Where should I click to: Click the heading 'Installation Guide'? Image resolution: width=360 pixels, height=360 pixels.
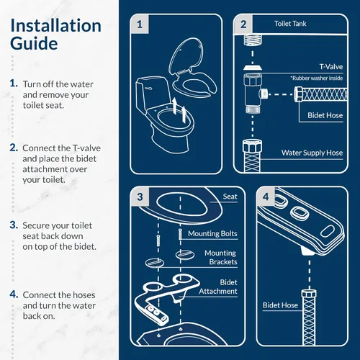point(55,35)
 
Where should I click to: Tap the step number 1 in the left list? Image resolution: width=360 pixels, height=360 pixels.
point(14,84)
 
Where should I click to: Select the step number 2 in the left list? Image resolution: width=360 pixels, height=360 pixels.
point(14,147)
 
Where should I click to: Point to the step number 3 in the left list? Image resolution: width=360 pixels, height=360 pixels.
point(14,225)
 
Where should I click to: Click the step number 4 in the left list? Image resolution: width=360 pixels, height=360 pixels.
point(14,294)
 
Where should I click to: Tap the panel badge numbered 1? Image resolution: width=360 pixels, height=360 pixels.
point(140,24)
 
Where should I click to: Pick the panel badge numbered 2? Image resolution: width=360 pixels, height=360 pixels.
point(243,24)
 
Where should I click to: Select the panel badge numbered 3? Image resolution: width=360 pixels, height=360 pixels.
point(140,195)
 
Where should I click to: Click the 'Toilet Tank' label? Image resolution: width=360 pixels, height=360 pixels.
point(292,24)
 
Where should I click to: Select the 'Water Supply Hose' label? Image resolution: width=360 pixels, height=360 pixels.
point(310,153)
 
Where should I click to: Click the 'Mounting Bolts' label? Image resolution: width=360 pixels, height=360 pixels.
point(212,234)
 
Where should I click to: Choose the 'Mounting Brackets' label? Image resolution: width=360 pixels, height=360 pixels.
point(220,258)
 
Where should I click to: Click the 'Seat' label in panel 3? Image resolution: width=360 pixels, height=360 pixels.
point(230,197)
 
